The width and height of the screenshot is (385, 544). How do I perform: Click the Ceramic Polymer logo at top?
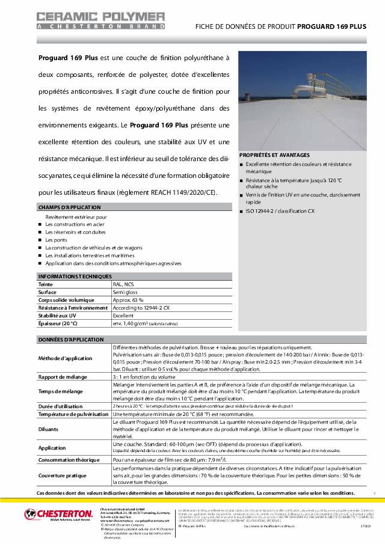coord(100,20)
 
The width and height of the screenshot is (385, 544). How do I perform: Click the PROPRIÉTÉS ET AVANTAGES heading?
coord(274,154)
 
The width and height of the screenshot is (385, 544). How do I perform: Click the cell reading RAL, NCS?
coord(123,284)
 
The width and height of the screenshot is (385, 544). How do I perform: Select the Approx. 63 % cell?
coord(128,299)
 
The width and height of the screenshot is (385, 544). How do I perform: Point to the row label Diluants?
coord(49,429)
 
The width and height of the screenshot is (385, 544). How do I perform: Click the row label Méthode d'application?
coord(66,358)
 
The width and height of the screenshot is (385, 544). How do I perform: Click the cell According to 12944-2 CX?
coord(141,307)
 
